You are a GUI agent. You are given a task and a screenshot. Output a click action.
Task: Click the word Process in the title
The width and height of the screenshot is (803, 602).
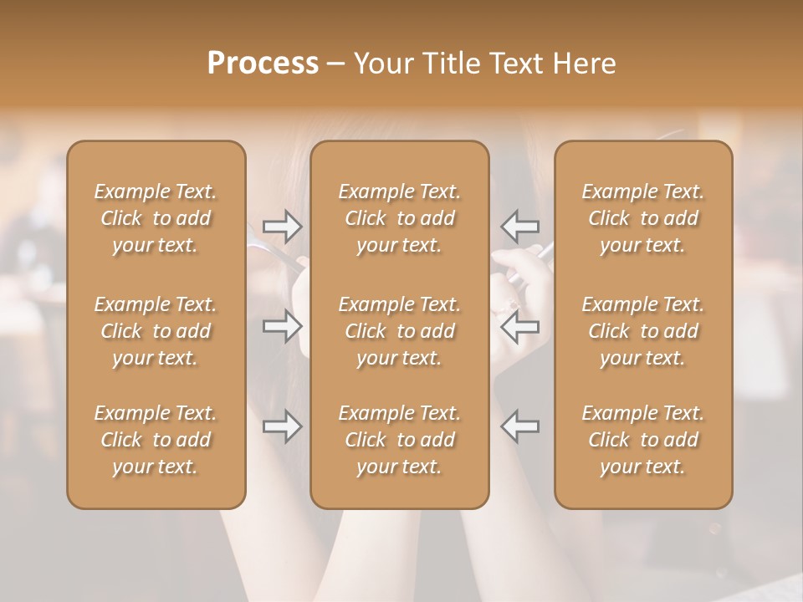tap(263, 64)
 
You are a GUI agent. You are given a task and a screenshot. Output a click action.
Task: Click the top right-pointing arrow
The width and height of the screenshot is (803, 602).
tap(282, 226)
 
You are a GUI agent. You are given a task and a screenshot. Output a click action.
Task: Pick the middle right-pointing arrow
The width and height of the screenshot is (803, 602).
tap(282, 326)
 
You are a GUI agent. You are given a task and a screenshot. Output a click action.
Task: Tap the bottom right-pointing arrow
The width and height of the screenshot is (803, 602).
tap(282, 426)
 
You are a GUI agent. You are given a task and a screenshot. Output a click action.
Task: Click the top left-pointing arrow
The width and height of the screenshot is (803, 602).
tap(519, 226)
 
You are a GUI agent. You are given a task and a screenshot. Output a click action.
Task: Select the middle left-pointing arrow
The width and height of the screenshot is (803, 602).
tap(519, 326)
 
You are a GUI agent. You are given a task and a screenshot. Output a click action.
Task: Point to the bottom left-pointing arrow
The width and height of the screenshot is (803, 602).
tap(519, 426)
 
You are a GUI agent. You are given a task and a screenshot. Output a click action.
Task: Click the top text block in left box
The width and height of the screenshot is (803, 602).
tap(156, 218)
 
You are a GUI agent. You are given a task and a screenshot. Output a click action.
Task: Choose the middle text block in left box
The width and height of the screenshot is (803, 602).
tap(156, 331)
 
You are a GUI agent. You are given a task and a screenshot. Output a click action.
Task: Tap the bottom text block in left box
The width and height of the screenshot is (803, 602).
tap(156, 440)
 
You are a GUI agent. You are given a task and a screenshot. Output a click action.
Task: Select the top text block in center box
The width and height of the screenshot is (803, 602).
tap(400, 218)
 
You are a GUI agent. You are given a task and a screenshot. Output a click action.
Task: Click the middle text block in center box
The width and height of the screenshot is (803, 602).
tap(400, 331)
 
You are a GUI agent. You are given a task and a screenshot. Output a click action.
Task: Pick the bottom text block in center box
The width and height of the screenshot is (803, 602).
tap(400, 440)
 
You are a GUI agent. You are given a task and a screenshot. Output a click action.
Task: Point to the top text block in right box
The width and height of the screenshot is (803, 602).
tap(643, 218)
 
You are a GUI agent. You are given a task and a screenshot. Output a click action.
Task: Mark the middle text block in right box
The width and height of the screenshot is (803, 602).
tap(643, 331)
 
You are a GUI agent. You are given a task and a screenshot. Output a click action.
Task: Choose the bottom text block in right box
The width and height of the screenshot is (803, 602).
tap(643, 440)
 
